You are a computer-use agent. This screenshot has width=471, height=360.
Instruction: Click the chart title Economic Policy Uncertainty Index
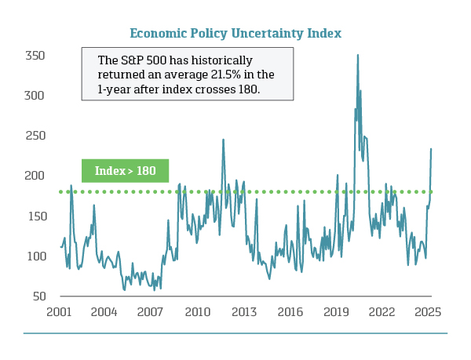tap(235, 33)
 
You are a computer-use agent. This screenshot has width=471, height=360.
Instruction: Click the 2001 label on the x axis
tap(60, 311)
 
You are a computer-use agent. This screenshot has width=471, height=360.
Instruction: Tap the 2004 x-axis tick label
tap(105, 311)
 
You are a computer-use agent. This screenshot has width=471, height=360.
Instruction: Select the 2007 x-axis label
tap(152, 311)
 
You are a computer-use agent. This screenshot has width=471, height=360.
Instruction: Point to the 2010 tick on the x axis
tap(198, 311)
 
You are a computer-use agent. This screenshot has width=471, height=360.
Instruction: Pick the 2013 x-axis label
tap(244, 311)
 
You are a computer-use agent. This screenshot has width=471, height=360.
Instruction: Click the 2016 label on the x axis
tap(290, 311)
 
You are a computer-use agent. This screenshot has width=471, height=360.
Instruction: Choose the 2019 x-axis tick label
tap(336, 311)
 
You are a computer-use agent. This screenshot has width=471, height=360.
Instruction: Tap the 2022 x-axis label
tap(382, 311)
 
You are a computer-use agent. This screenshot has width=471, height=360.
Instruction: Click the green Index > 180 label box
tap(125, 170)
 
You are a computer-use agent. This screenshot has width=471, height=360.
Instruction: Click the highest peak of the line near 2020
tap(358, 55)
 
